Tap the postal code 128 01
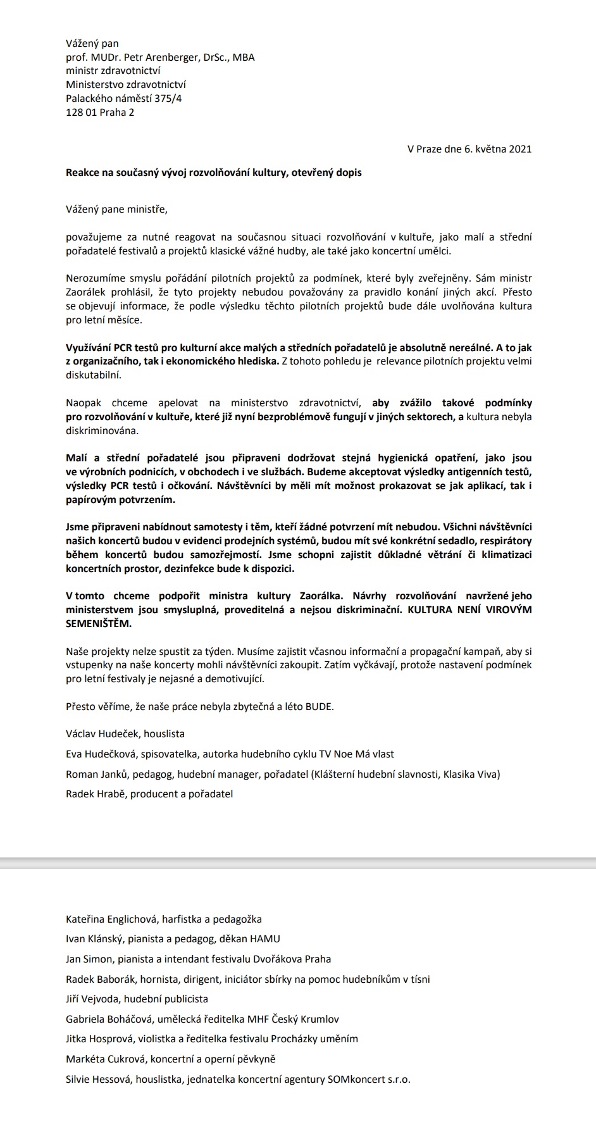(80, 113)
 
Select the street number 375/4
(167, 99)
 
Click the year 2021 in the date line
(520, 149)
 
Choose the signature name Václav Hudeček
(102, 734)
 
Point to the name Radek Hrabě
(96, 794)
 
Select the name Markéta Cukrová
(105, 1059)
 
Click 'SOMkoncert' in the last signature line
(356, 1080)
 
